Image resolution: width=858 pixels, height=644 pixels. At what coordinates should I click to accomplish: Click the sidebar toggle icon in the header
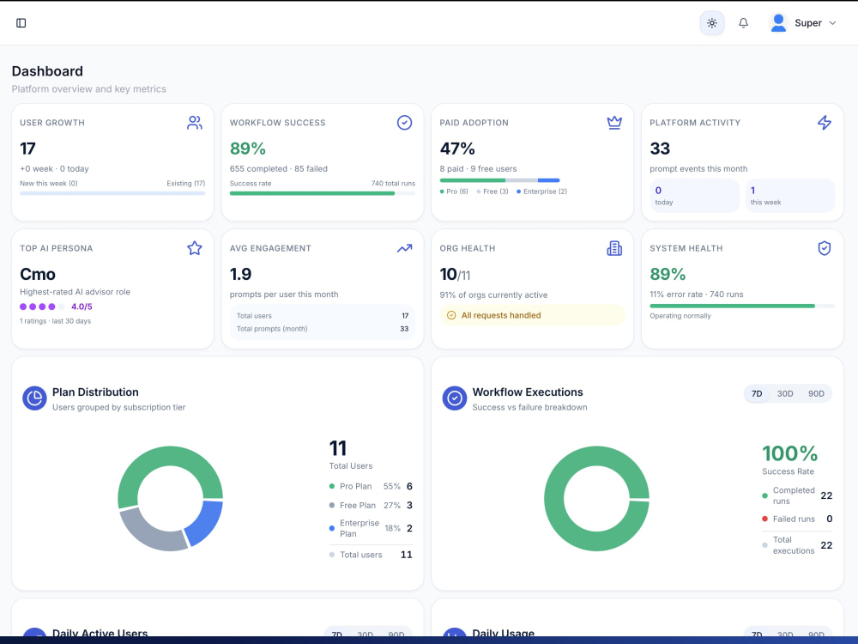coord(21,23)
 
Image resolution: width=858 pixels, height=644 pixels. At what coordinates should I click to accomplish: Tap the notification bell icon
coord(743,23)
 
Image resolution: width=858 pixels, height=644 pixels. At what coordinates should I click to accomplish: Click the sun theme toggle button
coord(712,23)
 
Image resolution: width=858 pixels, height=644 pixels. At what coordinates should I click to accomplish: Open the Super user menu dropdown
coord(803,23)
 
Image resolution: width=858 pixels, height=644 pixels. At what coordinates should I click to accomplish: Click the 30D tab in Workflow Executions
coord(785,394)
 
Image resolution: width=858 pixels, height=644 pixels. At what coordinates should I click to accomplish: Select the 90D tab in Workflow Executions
coord(816,394)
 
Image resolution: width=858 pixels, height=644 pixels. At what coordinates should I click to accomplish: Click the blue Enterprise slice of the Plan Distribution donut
coord(203,522)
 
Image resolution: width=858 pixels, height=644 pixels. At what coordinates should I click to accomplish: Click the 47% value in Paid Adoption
coord(457,149)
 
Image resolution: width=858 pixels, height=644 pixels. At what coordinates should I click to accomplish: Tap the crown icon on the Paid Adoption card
coord(614,123)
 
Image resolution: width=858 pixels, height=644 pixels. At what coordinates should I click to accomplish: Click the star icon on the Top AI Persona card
coord(194,248)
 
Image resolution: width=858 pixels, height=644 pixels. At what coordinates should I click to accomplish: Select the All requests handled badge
coord(532,315)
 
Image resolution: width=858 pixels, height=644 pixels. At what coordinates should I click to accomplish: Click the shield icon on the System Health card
coord(824,248)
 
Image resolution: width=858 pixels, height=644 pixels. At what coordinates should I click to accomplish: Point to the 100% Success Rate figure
coord(789,453)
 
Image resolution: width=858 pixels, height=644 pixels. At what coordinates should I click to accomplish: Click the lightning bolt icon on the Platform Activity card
coord(824,123)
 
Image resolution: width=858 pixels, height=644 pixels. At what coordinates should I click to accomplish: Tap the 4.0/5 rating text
coord(82,307)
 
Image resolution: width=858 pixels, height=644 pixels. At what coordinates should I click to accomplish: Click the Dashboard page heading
coord(47,71)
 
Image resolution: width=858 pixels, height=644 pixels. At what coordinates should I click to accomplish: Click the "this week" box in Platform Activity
coord(790,196)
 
